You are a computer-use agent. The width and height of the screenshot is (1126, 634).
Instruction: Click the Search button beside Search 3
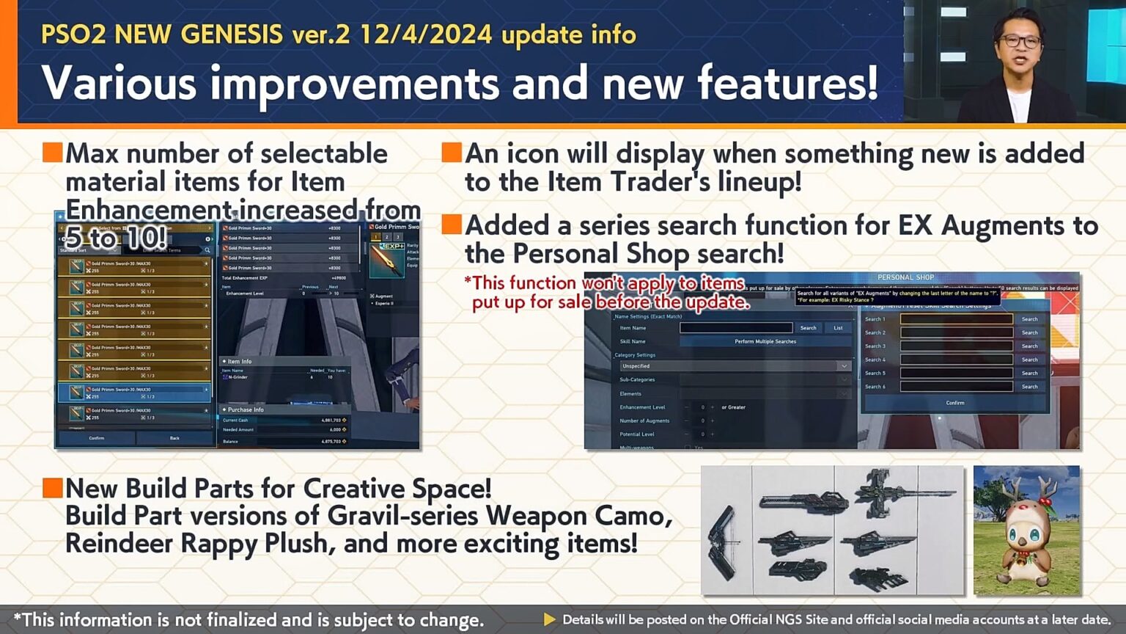1029,346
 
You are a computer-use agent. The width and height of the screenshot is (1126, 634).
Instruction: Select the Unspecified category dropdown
734,365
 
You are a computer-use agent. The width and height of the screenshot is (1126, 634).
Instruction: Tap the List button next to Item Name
838,328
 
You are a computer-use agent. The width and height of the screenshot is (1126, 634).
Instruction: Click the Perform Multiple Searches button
765,341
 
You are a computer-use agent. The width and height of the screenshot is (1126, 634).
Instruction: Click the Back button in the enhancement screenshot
174,438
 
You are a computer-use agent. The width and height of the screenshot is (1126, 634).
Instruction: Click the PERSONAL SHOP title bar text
905,277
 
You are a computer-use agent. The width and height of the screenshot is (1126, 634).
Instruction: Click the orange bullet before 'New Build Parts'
52,488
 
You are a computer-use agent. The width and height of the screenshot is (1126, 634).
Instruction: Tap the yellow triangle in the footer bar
549,619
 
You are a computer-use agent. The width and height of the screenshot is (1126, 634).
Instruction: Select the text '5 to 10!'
115,238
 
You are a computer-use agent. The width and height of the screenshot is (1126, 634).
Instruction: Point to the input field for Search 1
956,319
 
